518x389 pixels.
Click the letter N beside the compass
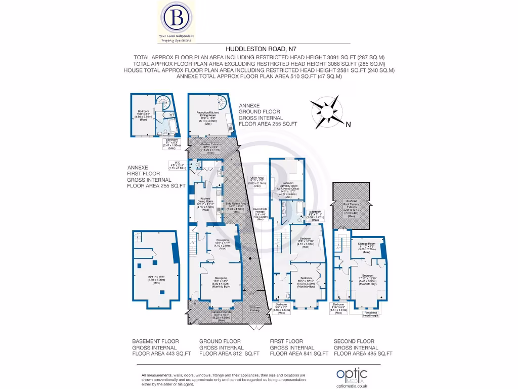pyautogui.click(x=348, y=124)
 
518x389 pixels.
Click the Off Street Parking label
pyautogui.click(x=255, y=308)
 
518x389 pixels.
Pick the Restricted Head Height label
pyautogui.click(x=374, y=314)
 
